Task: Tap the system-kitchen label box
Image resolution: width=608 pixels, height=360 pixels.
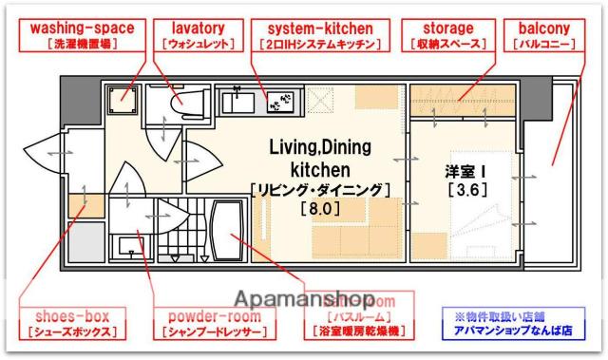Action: tap(319, 35)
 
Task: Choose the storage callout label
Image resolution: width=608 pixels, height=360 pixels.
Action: tap(444, 35)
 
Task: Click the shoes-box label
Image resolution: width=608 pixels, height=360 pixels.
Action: tap(72, 324)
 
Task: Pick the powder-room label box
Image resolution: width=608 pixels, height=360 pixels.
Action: tap(206, 324)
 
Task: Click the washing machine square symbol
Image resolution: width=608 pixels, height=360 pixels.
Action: tap(123, 99)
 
